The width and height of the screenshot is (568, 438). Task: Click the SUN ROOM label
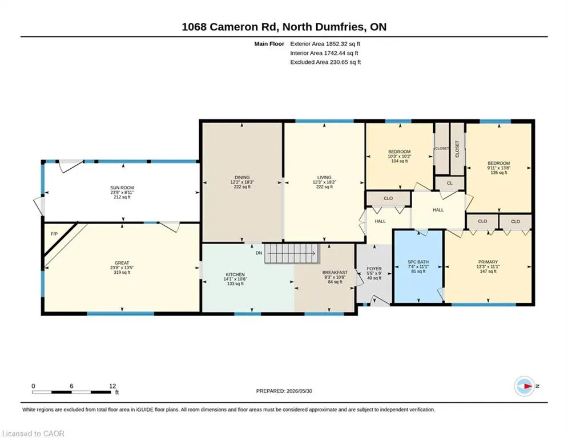click(x=122, y=188)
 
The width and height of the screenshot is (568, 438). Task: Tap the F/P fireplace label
click(x=54, y=234)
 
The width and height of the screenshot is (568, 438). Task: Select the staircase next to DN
click(x=292, y=253)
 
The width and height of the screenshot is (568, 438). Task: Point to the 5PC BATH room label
click(x=418, y=262)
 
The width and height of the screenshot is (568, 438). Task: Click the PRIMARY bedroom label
click(x=488, y=262)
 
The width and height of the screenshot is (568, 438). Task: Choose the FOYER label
click(x=374, y=269)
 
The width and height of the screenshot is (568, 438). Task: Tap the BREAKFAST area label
click(x=335, y=273)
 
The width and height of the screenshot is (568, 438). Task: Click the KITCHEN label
click(x=235, y=275)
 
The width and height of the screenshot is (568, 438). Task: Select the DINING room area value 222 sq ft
click(x=242, y=187)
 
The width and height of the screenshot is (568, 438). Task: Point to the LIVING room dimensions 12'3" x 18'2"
click(x=324, y=182)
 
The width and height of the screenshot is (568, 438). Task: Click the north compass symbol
click(x=524, y=386)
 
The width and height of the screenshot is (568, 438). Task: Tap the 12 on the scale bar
click(x=112, y=386)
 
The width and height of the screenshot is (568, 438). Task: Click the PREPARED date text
click(x=284, y=391)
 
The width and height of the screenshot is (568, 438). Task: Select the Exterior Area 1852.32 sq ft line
click(x=325, y=44)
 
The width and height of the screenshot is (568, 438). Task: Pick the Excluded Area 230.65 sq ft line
click(x=325, y=62)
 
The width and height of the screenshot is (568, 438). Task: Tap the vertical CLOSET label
click(x=457, y=149)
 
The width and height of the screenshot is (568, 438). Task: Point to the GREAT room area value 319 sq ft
click(x=122, y=272)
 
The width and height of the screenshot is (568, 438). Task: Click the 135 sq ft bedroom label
click(x=498, y=173)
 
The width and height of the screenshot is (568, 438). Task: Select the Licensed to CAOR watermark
click(x=33, y=433)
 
